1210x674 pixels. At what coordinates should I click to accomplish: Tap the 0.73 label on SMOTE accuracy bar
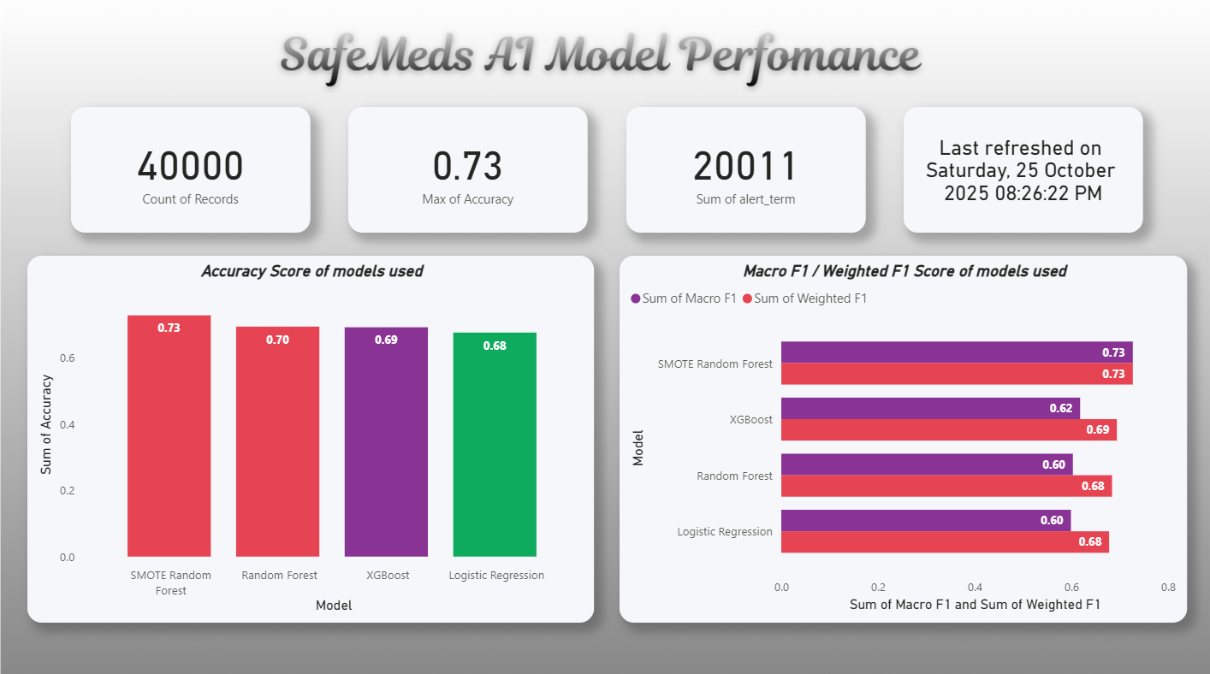[169, 328]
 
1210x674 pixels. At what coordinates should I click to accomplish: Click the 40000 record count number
[190, 166]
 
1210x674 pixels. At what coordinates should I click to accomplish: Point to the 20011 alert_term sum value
[744, 166]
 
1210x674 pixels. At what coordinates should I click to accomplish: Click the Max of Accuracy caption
[467, 199]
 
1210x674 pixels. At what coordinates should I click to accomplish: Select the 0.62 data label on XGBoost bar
[1060, 408]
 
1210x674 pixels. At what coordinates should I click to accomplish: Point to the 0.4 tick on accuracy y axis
[67, 424]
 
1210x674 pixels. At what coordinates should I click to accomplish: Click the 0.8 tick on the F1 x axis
[1168, 588]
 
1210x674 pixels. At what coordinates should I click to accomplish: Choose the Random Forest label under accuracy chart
[279, 576]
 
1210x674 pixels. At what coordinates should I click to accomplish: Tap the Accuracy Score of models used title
[311, 271]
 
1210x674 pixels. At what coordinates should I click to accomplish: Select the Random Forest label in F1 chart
[734, 476]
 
